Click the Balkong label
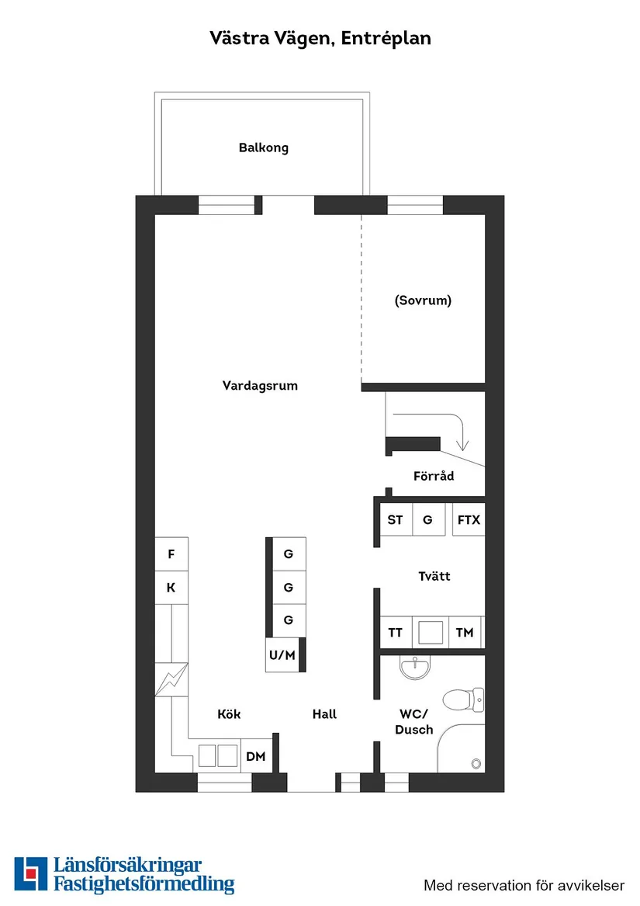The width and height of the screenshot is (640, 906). point(263,148)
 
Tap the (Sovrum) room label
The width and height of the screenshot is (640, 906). point(423,300)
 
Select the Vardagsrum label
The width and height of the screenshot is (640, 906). point(260,386)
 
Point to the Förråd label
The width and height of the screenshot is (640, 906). point(434,476)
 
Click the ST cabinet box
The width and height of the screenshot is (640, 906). point(395,519)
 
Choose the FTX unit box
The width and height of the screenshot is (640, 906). point(469,519)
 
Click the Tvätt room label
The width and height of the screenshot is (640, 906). point(434,576)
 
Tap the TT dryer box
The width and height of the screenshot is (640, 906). point(395,633)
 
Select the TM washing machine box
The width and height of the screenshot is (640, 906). point(464,633)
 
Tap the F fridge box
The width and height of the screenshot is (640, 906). point(171,554)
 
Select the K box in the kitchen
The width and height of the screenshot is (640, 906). point(171,588)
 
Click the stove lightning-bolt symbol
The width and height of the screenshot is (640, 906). point(171,680)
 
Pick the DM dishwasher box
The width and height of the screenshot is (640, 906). point(256,756)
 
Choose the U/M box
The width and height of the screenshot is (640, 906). point(282,655)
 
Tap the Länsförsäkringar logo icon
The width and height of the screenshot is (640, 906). point(30,874)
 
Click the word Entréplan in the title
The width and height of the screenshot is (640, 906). point(386,38)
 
